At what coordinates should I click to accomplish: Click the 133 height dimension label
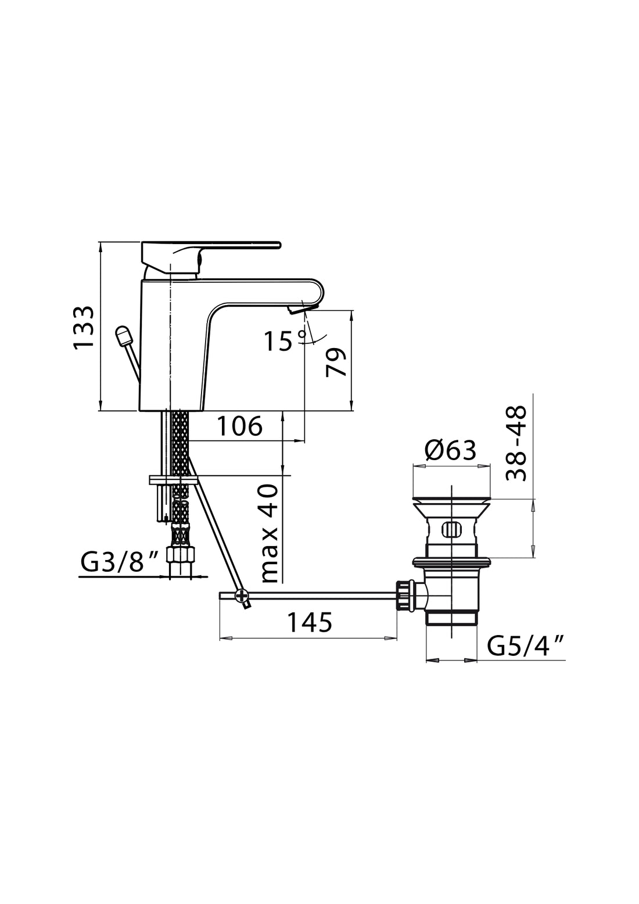(x=84, y=328)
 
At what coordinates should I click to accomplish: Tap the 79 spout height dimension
(x=337, y=363)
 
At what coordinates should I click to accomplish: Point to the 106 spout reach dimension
(x=239, y=427)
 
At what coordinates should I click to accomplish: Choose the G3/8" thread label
(x=120, y=562)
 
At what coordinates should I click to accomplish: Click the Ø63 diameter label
(x=450, y=450)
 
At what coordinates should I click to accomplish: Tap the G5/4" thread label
(x=526, y=645)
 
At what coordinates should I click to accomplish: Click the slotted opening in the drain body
(x=451, y=529)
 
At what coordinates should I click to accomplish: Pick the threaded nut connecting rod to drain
(x=403, y=595)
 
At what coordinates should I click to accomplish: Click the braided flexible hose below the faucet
(x=181, y=442)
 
